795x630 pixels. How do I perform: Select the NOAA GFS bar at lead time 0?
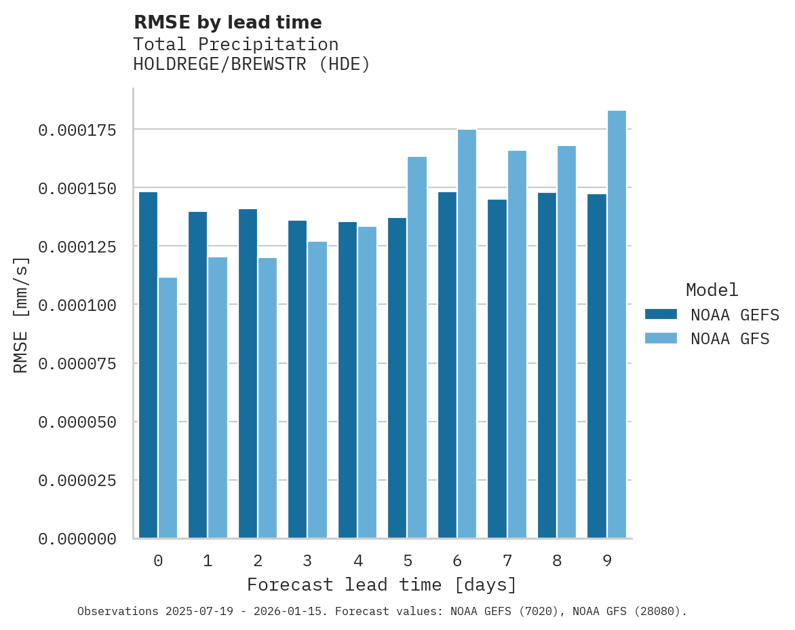[x=168, y=408]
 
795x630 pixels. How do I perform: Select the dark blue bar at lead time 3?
[x=297, y=379]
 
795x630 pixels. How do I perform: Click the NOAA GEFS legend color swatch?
[x=661, y=314]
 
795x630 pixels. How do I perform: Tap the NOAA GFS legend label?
[x=730, y=339]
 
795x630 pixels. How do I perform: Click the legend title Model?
[x=712, y=290]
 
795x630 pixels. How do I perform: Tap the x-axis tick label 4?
[x=357, y=561]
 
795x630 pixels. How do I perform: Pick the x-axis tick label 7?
[x=507, y=561]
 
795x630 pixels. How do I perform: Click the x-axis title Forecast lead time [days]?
[x=382, y=585]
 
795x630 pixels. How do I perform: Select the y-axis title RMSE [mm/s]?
[x=21, y=314]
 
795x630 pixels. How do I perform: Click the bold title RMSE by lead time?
[x=227, y=22]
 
